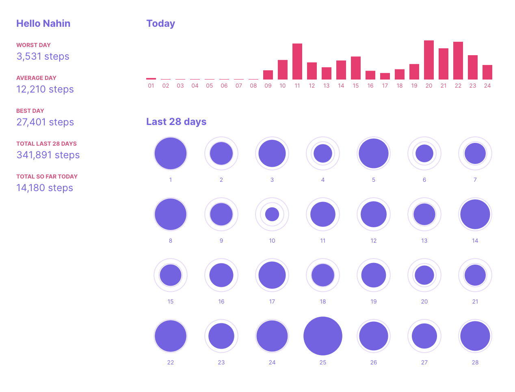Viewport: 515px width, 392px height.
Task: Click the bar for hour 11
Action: click(x=297, y=62)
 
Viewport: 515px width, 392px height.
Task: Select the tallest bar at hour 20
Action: click(x=429, y=60)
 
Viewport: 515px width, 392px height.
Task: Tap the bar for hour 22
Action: click(x=458, y=61)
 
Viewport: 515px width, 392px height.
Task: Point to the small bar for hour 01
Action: click(x=151, y=79)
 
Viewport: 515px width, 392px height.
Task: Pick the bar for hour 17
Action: click(x=385, y=76)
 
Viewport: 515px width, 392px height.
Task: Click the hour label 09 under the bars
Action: click(x=268, y=86)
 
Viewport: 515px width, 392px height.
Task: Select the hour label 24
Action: click(x=487, y=86)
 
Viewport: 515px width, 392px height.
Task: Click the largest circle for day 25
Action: click(x=323, y=336)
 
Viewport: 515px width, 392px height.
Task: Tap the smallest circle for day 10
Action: click(x=272, y=214)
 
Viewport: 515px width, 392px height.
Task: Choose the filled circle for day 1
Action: click(x=171, y=153)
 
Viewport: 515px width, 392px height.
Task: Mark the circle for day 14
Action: click(x=475, y=214)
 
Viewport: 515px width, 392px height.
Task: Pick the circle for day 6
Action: click(x=424, y=153)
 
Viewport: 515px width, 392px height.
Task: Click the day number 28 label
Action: click(x=475, y=362)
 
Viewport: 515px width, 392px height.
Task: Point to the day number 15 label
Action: click(x=171, y=302)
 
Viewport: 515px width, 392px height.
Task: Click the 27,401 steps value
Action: click(x=45, y=122)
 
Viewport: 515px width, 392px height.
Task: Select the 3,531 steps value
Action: click(x=43, y=56)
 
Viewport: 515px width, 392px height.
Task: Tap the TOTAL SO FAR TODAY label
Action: click(x=47, y=177)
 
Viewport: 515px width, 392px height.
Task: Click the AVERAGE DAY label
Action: click(x=36, y=78)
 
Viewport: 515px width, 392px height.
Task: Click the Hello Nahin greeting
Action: click(x=43, y=24)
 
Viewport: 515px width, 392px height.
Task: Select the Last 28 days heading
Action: click(x=176, y=122)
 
